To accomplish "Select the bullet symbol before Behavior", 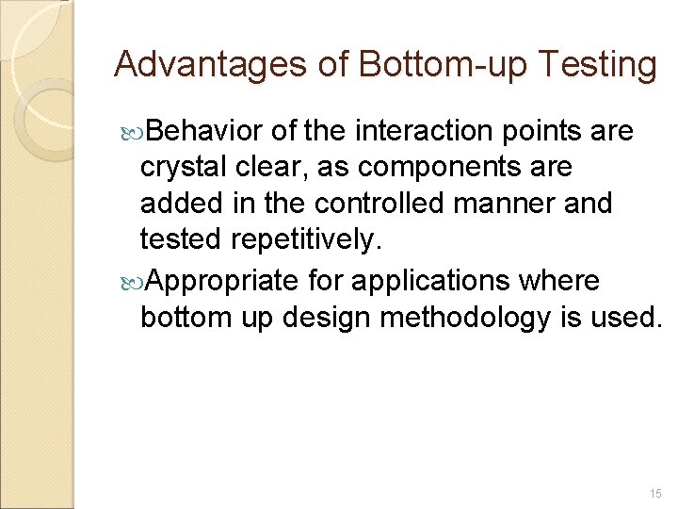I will (131, 131).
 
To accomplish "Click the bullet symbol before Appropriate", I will (131, 280).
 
